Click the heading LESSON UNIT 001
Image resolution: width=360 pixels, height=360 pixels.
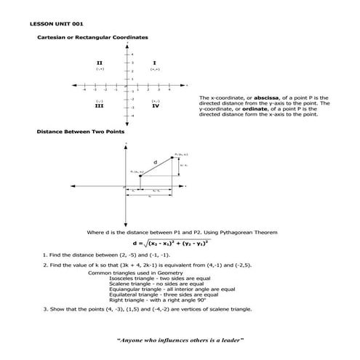click(52, 23)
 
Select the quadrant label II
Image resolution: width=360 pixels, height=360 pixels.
click(100, 63)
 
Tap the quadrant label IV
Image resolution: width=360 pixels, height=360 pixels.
click(156, 105)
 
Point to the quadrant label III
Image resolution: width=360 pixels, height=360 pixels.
click(100, 105)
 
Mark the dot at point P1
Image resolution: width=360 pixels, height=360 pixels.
click(140, 175)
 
